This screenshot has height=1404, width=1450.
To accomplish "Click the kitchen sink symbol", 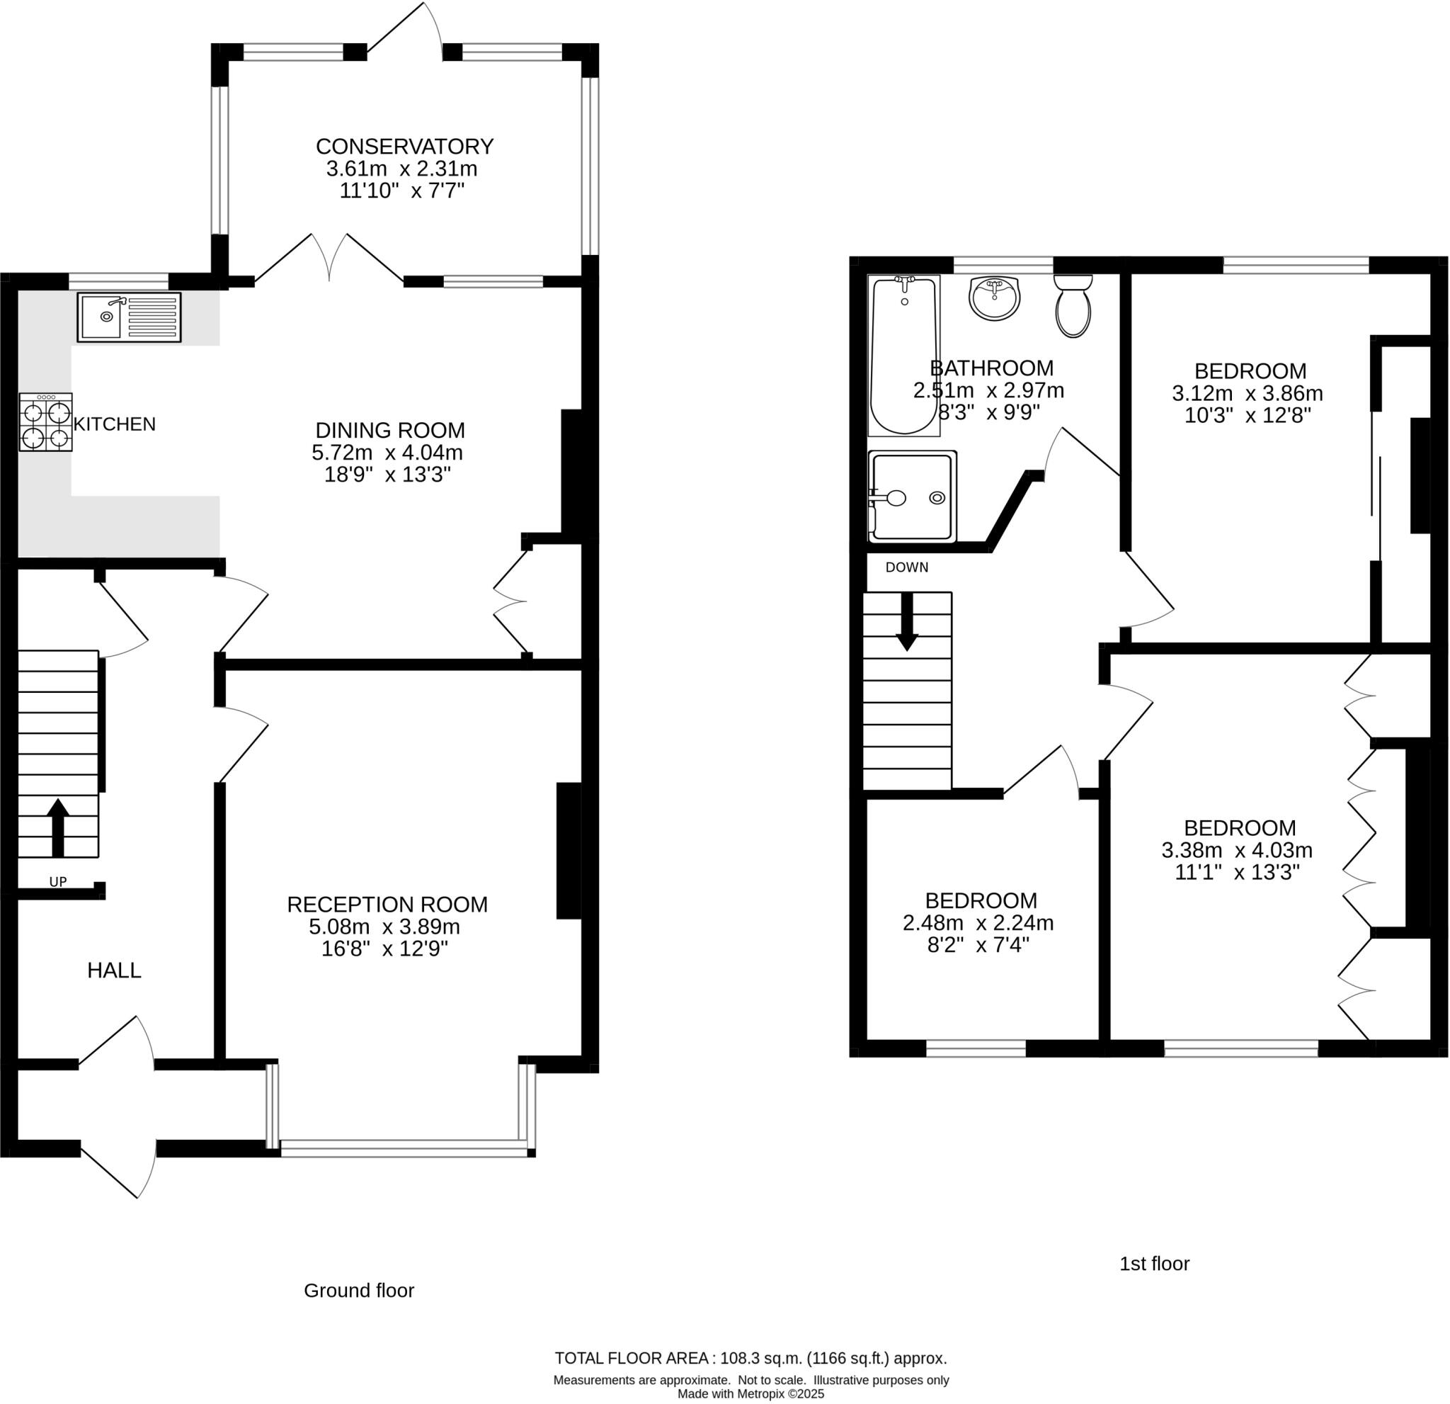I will coord(129,317).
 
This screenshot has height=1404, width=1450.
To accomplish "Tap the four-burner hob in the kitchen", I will coord(46,423).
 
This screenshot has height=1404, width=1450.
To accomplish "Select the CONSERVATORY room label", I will coord(404,147).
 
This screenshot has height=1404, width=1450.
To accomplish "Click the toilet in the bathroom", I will coord(1073,307).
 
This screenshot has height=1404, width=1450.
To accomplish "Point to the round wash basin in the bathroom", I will coord(994,298).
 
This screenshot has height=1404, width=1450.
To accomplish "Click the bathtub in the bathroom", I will coord(903,356).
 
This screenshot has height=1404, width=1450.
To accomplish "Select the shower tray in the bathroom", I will coord(912,497).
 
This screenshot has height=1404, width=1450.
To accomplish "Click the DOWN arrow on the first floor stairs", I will coord(907,622).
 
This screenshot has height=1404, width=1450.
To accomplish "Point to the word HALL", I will coord(114,970).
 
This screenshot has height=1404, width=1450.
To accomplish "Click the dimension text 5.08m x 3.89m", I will coord(384,927).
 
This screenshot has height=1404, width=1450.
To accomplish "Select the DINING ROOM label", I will coord(390,430).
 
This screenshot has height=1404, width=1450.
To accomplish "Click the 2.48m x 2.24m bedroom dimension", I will coord(978,923).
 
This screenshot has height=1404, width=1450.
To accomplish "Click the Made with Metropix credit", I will coord(750,1393).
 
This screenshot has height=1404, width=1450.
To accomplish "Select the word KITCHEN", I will coord(115,424).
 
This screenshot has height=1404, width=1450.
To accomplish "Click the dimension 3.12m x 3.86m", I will coord(1248,393).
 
